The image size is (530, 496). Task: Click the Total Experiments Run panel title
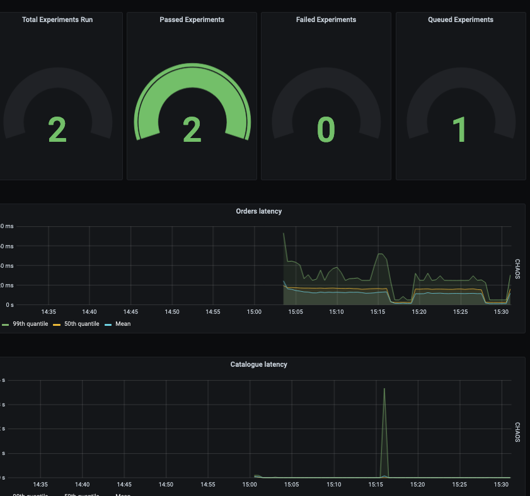click(57, 20)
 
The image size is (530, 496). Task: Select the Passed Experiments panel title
click(192, 20)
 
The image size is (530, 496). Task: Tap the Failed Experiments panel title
click(326, 20)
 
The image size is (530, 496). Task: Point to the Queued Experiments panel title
click(461, 20)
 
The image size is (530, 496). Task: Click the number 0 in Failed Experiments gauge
click(326, 130)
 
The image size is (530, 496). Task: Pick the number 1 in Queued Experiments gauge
click(461, 130)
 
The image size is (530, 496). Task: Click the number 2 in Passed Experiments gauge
click(192, 130)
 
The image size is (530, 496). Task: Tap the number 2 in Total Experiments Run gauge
click(57, 130)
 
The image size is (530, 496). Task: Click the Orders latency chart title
click(259, 211)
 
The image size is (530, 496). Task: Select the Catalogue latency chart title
click(259, 364)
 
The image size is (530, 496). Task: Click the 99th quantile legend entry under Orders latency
click(30, 324)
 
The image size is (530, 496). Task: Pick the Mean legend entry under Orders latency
click(123, 324)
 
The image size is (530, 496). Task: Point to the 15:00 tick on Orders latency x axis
click(255, 312)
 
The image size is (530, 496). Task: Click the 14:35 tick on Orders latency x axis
click(49, 312)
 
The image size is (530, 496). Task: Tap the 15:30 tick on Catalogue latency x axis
click(502, 485)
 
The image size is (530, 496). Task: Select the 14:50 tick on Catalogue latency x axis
click(166, 485)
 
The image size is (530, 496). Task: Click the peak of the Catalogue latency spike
click(384, 388)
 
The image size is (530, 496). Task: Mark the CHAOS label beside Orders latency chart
click(517, 269)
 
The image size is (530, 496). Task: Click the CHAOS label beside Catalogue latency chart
click(517, 432)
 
